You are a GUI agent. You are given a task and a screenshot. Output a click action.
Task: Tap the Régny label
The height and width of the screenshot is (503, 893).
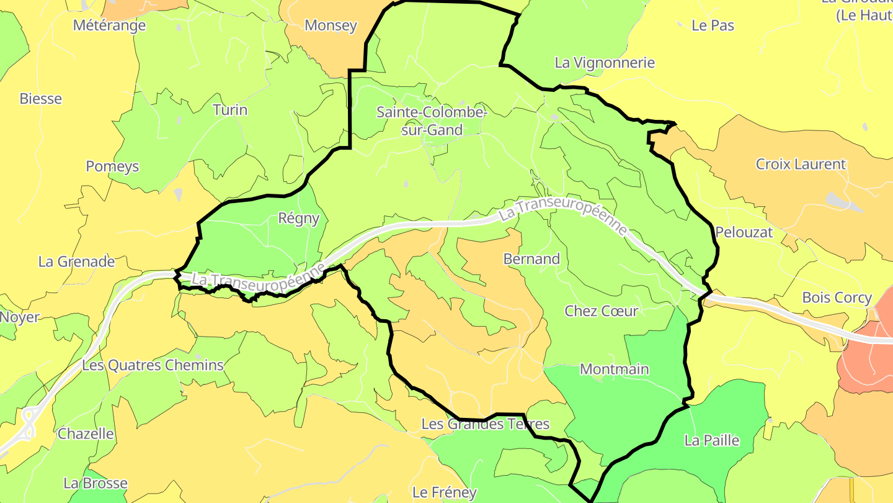pyautogui.click(x=299, y=219)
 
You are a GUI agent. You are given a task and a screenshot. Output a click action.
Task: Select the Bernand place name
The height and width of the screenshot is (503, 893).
pyautogui.click(x=531, y=259)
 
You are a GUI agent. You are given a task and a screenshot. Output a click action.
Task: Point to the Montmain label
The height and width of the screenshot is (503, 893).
pyautogui.click(x=614, y=369)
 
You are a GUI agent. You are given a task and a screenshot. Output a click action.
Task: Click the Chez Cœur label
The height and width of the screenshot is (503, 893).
pyautogui.click(x=601, y=311)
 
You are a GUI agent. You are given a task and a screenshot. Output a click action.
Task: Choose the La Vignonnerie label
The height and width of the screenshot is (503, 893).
pyautogui.click(x=605, y=63)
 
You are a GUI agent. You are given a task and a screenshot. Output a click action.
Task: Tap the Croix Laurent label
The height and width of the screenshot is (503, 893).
pyautogui.click(x=801, y=165)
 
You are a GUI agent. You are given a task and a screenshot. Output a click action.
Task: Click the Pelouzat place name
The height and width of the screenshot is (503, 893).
pyautogui.click(x=744, y=233)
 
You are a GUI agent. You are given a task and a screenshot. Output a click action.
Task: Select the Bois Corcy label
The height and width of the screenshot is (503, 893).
pyautogui.click(x=837, y=297)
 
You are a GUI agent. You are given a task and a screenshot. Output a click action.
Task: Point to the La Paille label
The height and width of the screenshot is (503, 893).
pyautogui.click(x=712, y=441)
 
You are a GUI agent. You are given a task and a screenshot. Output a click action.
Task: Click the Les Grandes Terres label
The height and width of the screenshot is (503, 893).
pyautogui.click(x=485, y=424)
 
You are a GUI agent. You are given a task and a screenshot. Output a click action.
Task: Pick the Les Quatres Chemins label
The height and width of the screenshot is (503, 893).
pyautogui.click(x=153, y=365)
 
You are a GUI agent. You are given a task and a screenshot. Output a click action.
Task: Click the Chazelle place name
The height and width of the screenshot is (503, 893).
pyautogui.click(x=86, y=434)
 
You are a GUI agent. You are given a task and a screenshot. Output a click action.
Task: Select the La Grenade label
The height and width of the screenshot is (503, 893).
pyautogui.click(x=76, y=261)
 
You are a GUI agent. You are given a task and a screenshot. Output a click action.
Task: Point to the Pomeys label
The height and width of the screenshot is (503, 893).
pyautogui.click(x=112, y=166)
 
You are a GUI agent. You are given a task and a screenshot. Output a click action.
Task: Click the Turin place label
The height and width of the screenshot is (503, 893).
pyautogui.click(x=230, y=110)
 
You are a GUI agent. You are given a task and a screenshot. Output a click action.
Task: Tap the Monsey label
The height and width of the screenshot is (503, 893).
pyautogui.click(x=331, y=25)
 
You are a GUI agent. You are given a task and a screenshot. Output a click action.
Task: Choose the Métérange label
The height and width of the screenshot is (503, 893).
pyautogui.click(x=109, y=25)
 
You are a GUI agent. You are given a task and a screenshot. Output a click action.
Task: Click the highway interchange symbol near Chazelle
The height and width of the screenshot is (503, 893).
pyautogui.click(x=28, y=423)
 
